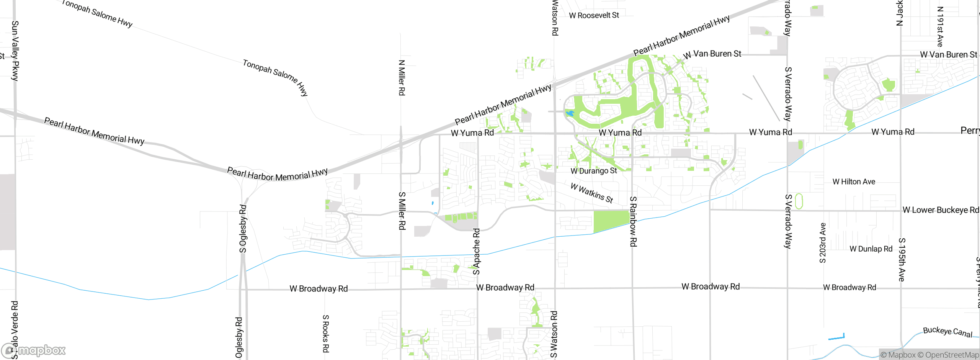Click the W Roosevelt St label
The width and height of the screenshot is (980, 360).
click(x=594, y=16)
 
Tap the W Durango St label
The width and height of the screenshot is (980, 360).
click(x=594, y=171)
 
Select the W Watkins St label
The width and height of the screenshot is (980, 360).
click(x=592, y=193)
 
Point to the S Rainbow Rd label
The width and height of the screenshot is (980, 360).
click(x=633, y=221)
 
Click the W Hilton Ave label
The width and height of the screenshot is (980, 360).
click(x=854, y=182)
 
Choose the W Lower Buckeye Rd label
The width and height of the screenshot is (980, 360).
click(x=941, y=210)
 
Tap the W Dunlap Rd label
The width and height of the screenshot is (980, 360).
click(x=871, y=249)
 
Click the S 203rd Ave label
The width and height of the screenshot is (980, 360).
click(x=823, y=243)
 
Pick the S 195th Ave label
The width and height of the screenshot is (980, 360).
click(x=902, y=260)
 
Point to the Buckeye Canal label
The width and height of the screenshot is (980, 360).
click(x=947, y=332)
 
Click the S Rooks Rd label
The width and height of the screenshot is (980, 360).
click(x=325, y=334)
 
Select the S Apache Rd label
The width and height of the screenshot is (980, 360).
click(x=476, y=252)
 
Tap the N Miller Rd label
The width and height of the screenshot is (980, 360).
click(x=402, y=78)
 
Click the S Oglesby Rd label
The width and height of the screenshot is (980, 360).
click(x=243, y=229)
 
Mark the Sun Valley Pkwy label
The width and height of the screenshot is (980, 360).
click(x=15, y=51)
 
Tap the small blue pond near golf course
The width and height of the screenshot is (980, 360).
click(x=570, y=113)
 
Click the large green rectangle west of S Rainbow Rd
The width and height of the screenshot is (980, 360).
click(x=611, y=221)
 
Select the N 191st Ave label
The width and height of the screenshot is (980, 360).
click(x=940, y=27)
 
